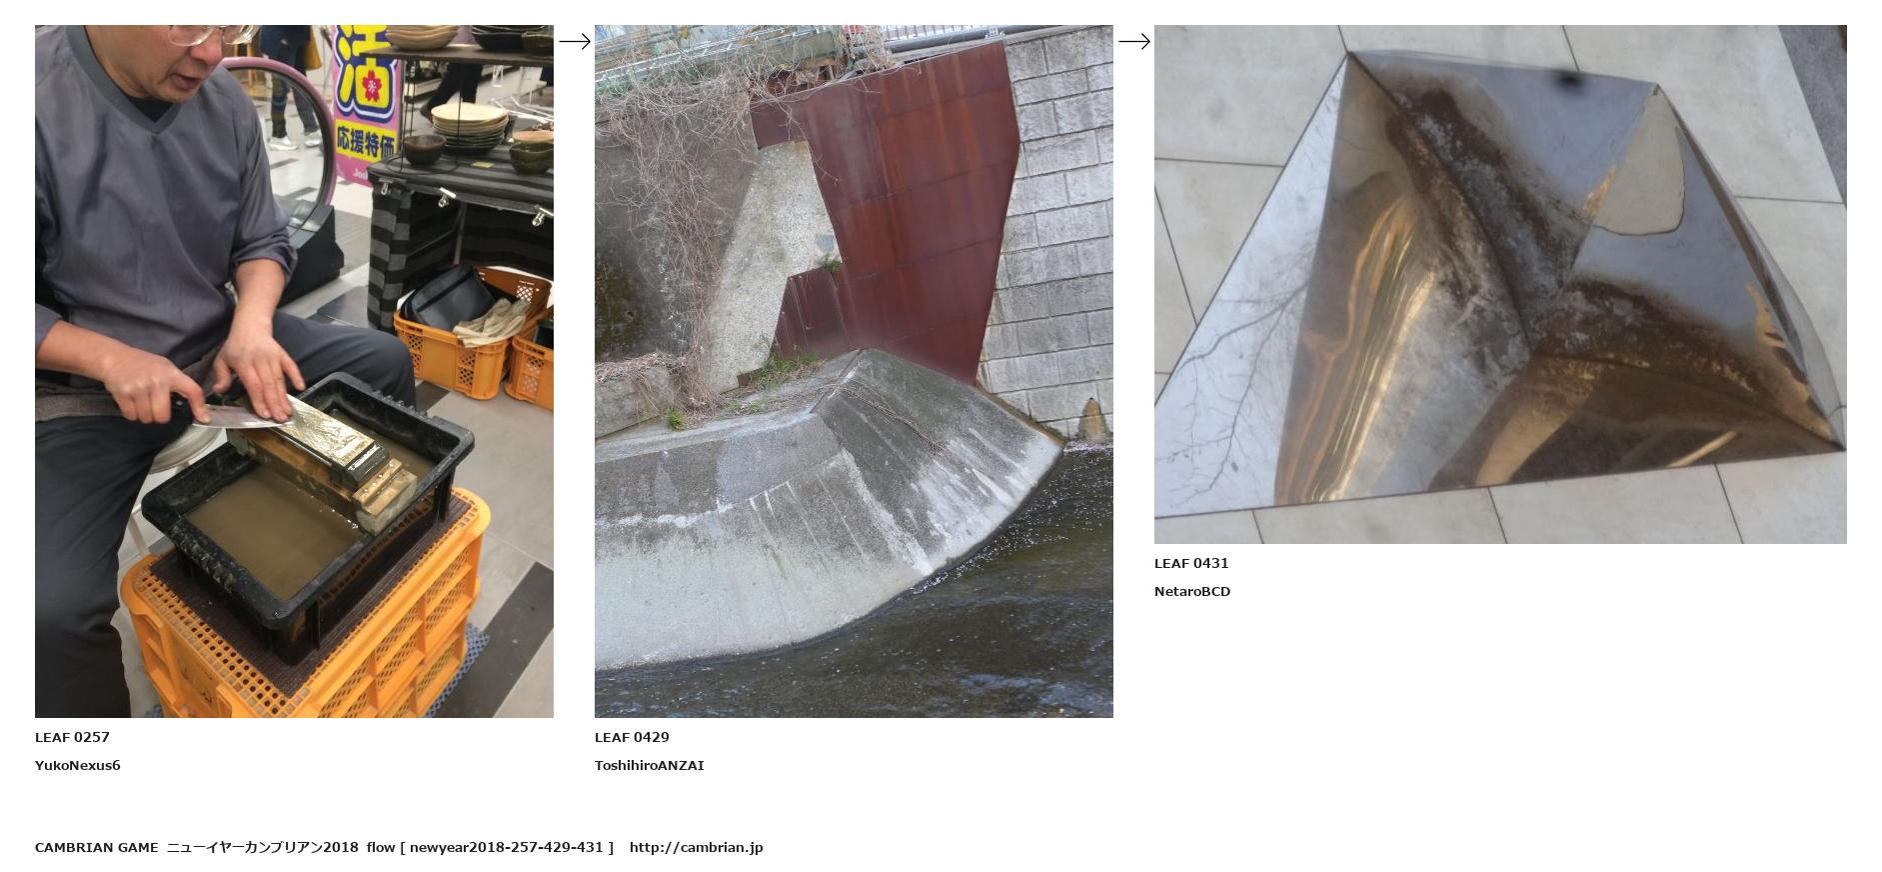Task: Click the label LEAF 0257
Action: pyautogui.click(x=72, y=737)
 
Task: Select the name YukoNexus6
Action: pyautogui.click(x=77, y=765)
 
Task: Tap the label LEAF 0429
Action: pyautogui.click(x=632, y=737)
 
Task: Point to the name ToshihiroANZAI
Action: pyautogui.click(x=649, y=765)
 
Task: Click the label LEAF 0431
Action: pyautogui.click(x=1191, y=563)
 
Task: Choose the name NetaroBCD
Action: pyautogui.click(x=1192, y=591)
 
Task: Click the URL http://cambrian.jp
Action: pyautogui.click(x=696, y=847)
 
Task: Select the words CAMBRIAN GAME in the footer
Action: pyautogui.click(x=96, y=847)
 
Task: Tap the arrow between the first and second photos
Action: pyautogui.click(x=575, y=41)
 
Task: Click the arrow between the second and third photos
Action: pyautogui.click(x=1134, y=41)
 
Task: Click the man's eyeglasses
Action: pyautogui.click(x=205, y=34)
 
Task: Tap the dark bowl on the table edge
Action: pyautogui.click(x=424, y=150)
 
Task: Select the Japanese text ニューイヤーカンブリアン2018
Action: pyautogui.click(x=262, y=847)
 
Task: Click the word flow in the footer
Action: pyautogui.click(x=381, y=847)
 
